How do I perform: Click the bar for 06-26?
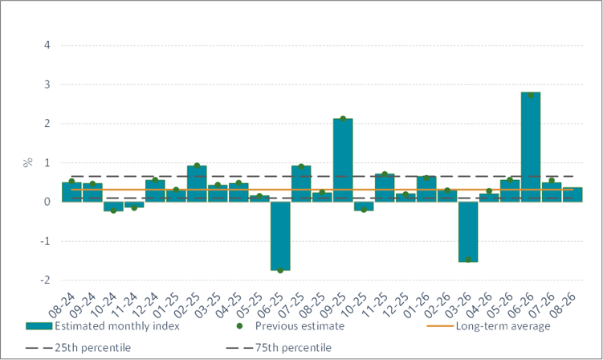coord(531,147)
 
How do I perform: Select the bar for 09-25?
coord(343,160)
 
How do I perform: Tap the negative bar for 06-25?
coord(280,236)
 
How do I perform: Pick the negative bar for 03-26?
coord(468,231)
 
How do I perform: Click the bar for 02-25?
coord(197,184)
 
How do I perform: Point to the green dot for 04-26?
coord(489,191)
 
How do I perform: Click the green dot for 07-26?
coord(552,180)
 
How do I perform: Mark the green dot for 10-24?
coord(113,211)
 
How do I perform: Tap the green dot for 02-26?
coord(447,190)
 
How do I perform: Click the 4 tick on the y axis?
coord(47,45)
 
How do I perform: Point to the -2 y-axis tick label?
coord(45,280)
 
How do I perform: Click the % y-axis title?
coord(27,162)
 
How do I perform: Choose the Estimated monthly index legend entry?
coord(103,326)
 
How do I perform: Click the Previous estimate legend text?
coord(299,326)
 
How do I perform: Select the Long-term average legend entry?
coord(488,326)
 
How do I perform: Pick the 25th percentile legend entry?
coord(78,348)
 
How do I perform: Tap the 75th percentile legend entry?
coord(279,348)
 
